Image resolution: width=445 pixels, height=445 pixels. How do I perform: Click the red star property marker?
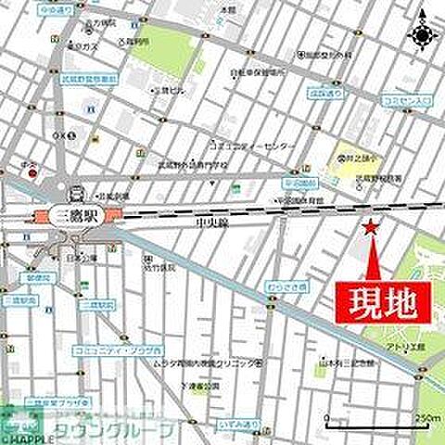click(370, 226)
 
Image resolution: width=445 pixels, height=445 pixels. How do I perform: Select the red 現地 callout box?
click(382, 301)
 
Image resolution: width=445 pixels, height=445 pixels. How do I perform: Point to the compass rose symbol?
click(422, 35)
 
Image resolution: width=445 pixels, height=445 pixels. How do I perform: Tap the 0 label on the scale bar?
click(327, 420)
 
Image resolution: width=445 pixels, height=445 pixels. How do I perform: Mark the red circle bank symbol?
click(32, 173)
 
